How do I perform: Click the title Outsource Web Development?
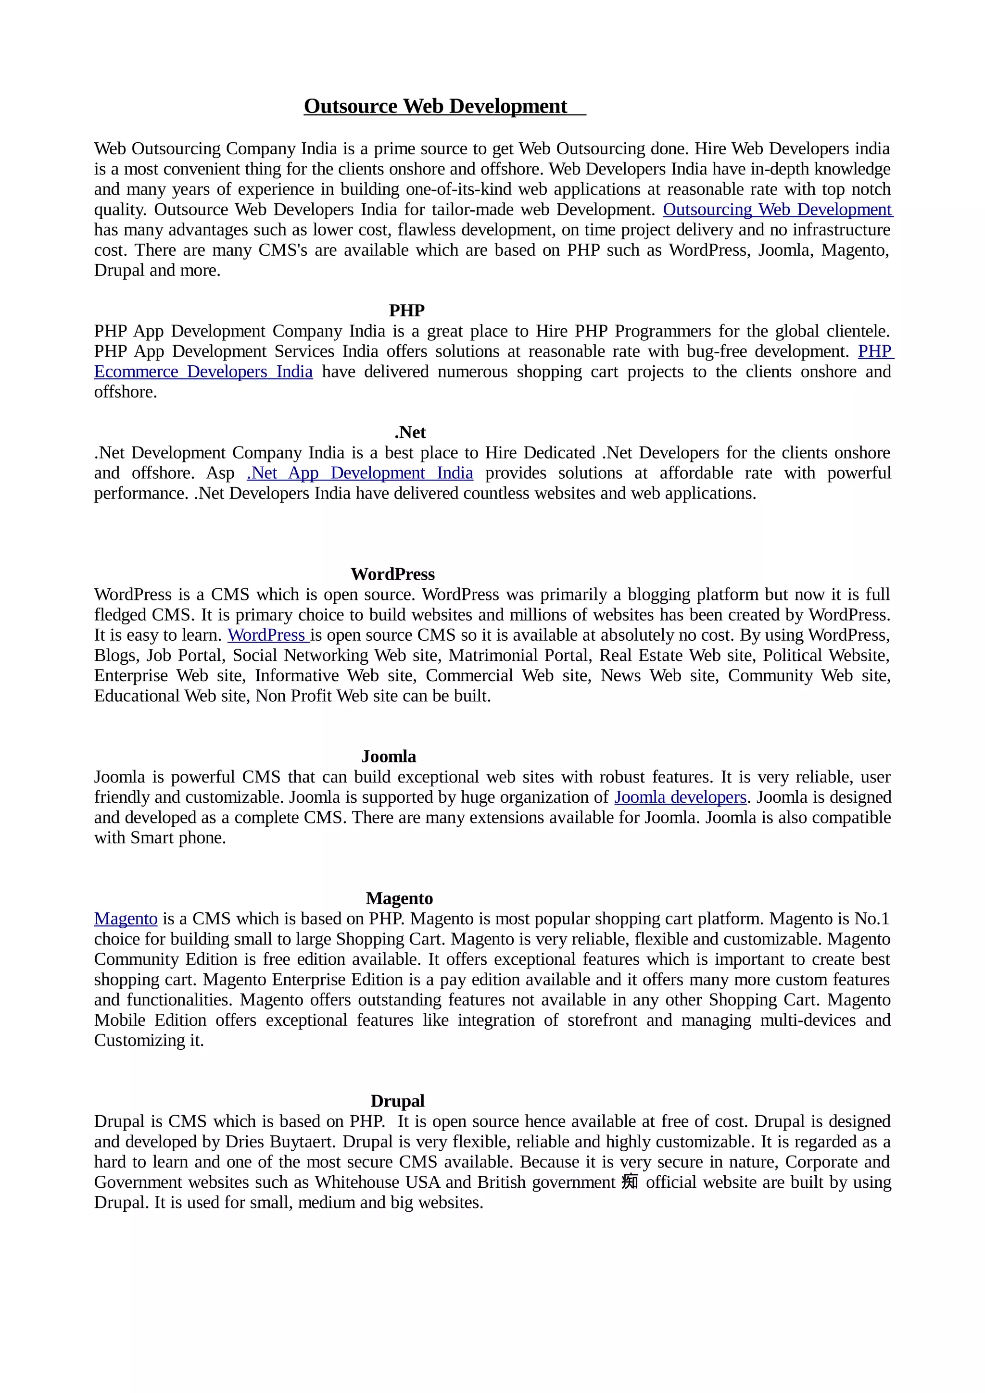(x=436, y=106)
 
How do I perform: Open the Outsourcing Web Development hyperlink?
(x=777, y=210)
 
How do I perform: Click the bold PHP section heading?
(x=406, y=311)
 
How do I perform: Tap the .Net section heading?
(x=410, y=433)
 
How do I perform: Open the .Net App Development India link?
(x=360, y=473)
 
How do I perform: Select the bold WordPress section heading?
(x=392, y=574)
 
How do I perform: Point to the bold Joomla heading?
(x=389, y=757)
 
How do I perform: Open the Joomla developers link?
(x=680, y=797)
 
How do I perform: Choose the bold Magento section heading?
(x=399, y=898)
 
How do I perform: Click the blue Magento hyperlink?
(x=126, y=919)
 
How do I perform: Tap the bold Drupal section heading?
(x=398, y=1101)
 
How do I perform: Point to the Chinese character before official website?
(x=630, y=1182)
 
